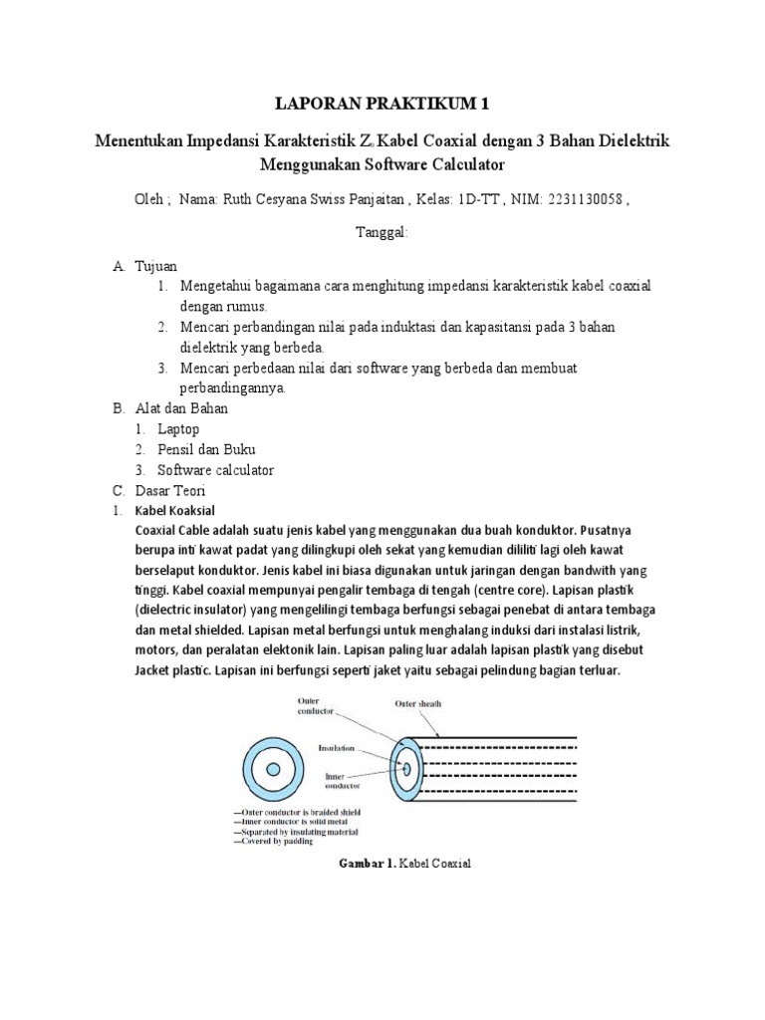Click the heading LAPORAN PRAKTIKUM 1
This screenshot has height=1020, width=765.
click(x=382, y=103)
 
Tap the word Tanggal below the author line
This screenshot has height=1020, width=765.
click(x=382, y=232)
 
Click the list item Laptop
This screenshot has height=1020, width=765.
click(x=178, y=429)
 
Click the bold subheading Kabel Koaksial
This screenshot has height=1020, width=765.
click(x=174, y=510)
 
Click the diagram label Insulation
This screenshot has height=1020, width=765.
click(x=339, y=746)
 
